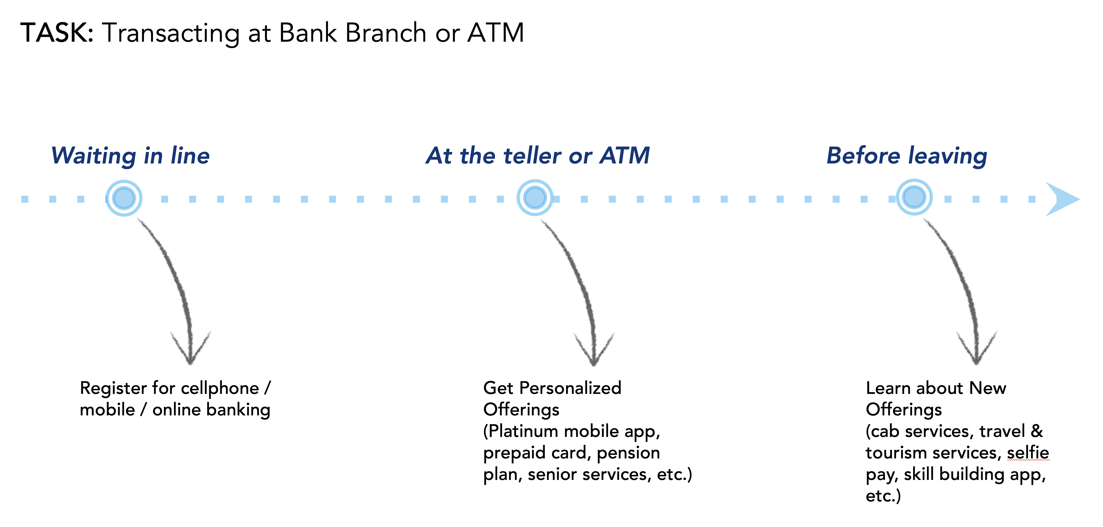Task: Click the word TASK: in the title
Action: click(56, 33)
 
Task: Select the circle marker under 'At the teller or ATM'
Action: click(535, 198)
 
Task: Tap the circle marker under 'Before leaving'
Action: click(914, 197)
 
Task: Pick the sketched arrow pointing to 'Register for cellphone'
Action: click(180, 291)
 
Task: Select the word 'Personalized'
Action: click(576, 388)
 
